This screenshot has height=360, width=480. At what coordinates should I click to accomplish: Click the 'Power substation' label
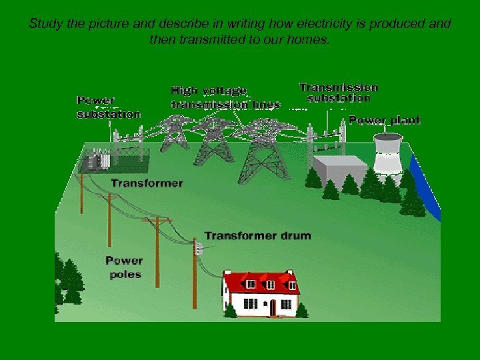click(109, 107)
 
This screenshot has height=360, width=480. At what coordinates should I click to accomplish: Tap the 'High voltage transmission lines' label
click(225, 97)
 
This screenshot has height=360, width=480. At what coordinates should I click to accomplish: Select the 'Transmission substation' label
click(338, 93)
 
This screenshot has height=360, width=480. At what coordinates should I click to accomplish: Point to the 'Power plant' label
click(385, 121)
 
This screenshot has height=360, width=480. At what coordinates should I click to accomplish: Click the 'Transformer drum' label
click(257, 236)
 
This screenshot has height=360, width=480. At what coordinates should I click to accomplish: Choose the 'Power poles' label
click(124, 267)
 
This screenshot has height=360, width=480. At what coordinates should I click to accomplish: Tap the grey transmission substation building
click(340, 171)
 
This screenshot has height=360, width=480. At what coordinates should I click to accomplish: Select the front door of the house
click(272, 307)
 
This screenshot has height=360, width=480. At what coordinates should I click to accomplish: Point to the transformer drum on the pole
click(198, 249)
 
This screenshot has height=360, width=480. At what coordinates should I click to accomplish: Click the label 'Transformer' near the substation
click(147, 183)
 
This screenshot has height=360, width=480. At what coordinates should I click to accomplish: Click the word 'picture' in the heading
click(107, 24)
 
